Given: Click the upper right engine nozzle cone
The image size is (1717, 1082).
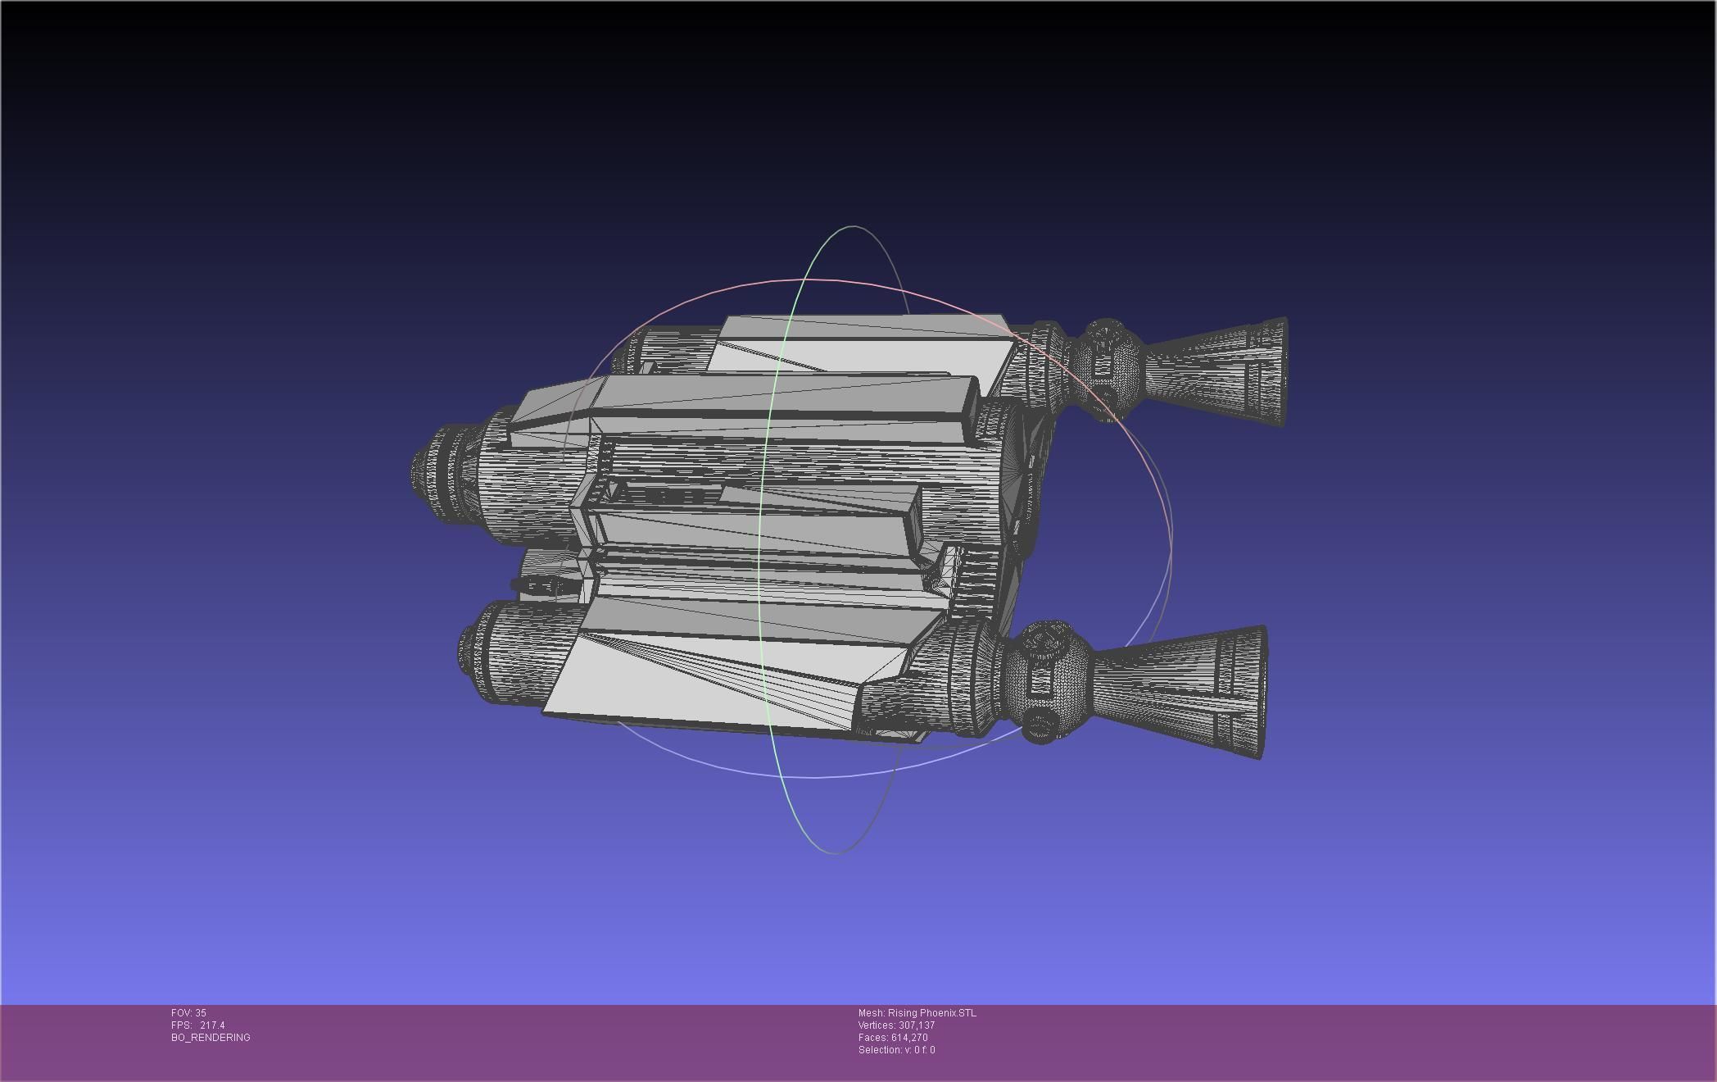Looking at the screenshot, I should pos(1221,373).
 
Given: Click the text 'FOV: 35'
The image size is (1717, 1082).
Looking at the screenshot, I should pos(188,1013).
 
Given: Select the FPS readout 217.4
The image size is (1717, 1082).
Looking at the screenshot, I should pos(211,1025).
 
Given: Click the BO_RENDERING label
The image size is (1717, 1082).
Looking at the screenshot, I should pos(211,1038).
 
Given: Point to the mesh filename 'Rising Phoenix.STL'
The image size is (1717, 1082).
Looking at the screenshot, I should pos(931,1013).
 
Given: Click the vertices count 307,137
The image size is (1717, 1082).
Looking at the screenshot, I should pos(916,1025).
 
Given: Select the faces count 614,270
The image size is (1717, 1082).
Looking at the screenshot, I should pos(909,1038).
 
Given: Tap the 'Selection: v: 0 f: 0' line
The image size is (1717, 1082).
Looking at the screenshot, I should pos(896,1050).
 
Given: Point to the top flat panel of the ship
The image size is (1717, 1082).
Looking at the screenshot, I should pos(860,348).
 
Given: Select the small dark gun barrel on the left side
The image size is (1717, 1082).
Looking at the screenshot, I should pos(537,585).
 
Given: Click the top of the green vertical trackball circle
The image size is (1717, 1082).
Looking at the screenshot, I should pos(852,227).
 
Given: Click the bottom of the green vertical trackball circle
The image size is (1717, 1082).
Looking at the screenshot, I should pos(836,852).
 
